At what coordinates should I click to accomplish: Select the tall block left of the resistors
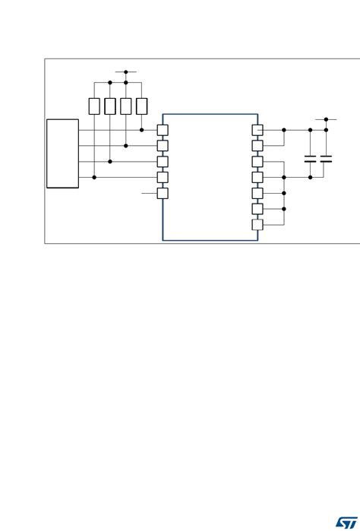pos(62,153)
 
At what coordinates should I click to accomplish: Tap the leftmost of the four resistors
pos(94,106)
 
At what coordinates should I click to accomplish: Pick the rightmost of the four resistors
pos(141,106)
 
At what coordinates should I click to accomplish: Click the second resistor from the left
pos(110,106)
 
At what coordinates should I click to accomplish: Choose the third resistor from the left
pos(126,106)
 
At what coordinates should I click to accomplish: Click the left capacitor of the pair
pos(311,160)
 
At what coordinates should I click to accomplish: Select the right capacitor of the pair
pos(326,160)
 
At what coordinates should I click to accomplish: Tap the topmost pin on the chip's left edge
pos(162,130)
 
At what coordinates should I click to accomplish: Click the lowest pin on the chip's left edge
pos(162,193)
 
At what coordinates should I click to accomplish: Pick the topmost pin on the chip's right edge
pos(257,130)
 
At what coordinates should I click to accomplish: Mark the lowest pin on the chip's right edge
pos(257,224)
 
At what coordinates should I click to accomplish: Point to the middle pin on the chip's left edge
pos(162,161)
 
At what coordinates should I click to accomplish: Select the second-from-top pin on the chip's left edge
pos(162,145)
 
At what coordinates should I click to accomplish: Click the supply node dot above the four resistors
pos(126,72)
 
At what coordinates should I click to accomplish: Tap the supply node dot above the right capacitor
pos(326,119)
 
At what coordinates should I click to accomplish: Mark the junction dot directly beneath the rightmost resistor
pos(141,130)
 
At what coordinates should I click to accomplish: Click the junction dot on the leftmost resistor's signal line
pos(94,177)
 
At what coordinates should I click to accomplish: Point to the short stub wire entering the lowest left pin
pos(150,193)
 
